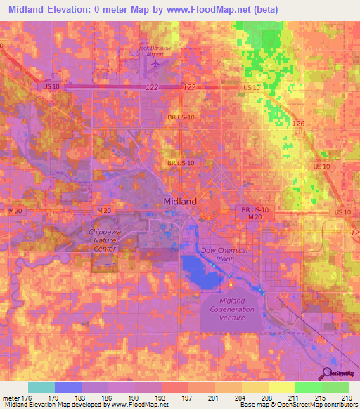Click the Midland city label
[179, 201]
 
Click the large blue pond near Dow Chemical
[199, 270]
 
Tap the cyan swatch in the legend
[41, 387]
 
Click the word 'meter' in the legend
[10, 398]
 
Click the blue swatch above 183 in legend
[67, 387]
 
